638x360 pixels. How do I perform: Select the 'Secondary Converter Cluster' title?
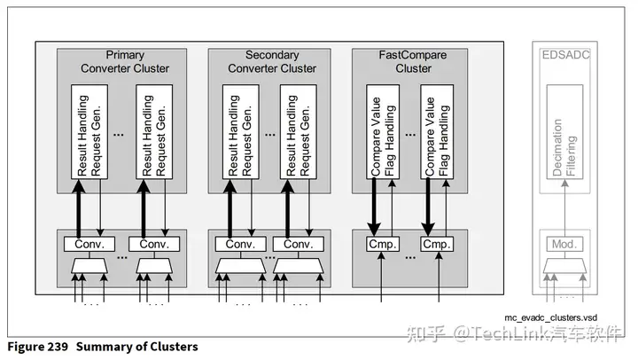(x=272, y=62)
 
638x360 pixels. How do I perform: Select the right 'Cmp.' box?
(x=437, y=244)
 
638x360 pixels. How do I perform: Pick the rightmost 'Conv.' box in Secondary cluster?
(x=297, y=244)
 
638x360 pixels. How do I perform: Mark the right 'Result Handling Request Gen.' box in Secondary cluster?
(x=297, y=130)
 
